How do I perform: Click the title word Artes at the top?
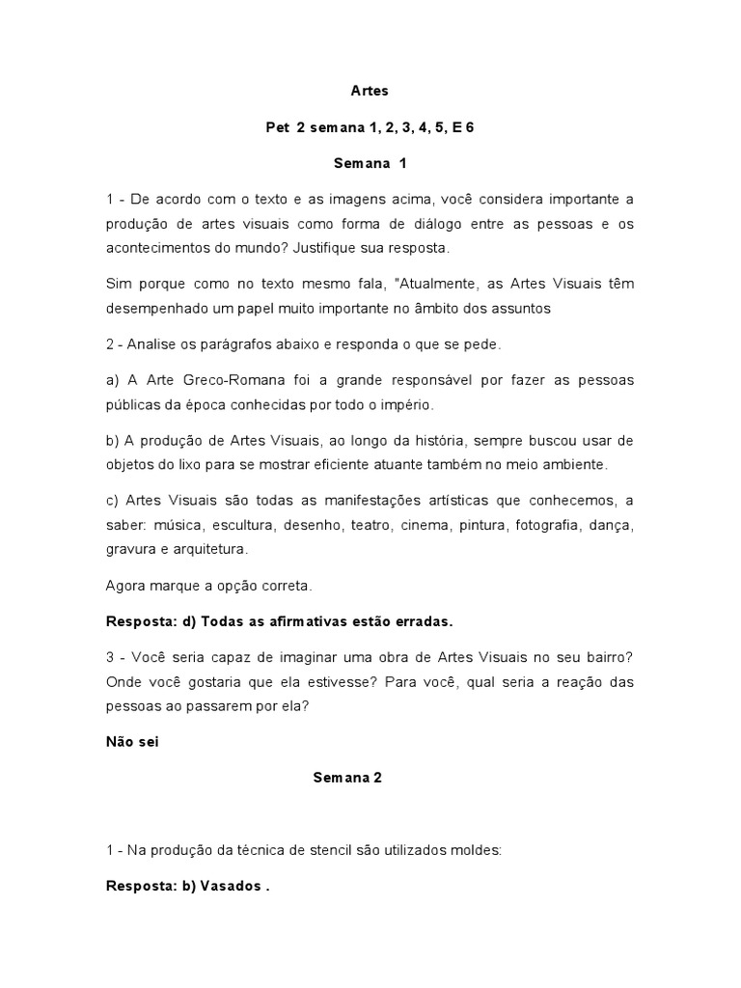point(370,92)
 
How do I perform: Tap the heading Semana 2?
point(347,778)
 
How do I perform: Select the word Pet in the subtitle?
point(277,127)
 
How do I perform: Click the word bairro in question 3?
point(610,658)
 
